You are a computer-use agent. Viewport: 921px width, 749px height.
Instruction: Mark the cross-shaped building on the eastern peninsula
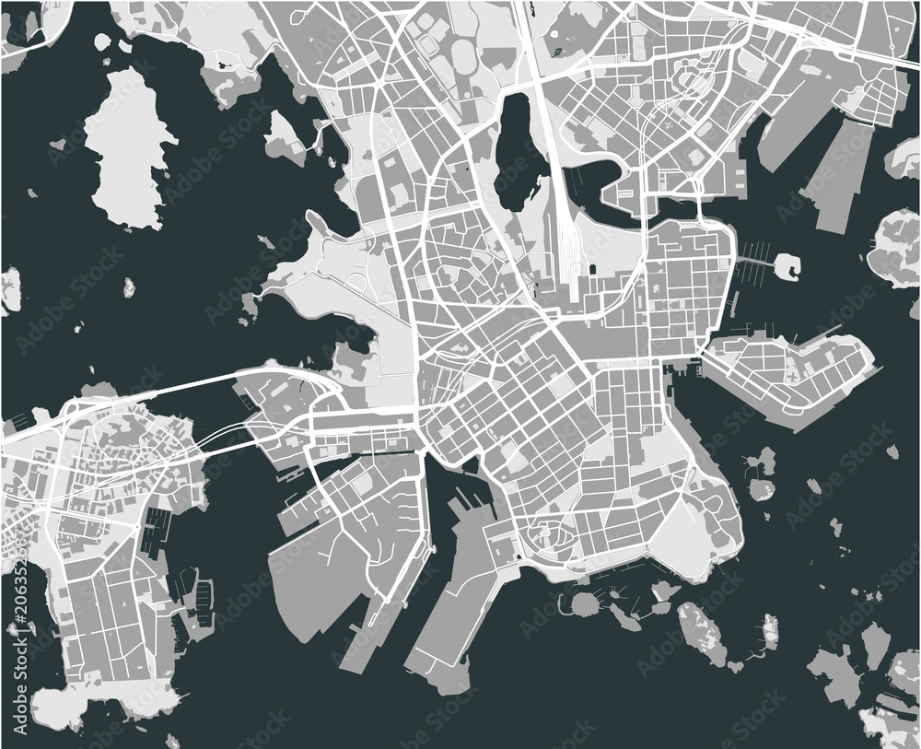pyautogui.click(x=791, y=374)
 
